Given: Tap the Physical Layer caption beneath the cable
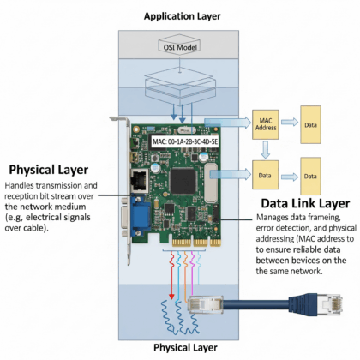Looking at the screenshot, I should [182, 347].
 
